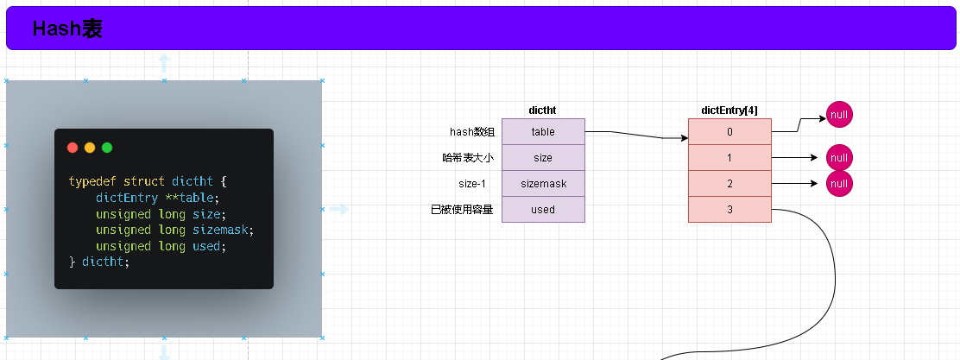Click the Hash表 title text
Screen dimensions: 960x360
67,28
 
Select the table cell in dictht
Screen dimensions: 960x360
543,131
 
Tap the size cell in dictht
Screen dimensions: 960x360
543,158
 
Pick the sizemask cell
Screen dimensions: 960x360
543,184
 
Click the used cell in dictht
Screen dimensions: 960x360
543,210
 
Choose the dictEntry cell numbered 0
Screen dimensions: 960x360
729,131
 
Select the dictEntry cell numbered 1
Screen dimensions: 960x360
729,158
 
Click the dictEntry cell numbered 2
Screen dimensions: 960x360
729,184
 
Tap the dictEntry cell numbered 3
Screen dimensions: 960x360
729,210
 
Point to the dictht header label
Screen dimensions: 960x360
542,111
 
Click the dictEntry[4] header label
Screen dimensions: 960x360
729,111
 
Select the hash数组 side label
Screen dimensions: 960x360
472,131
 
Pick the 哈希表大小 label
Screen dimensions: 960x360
469,158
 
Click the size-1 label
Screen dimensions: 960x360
472,184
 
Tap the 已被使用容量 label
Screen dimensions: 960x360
462,210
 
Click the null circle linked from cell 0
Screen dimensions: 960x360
839,115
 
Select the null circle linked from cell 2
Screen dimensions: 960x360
839,184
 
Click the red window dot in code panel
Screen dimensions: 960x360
73,148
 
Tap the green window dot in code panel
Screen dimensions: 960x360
107,148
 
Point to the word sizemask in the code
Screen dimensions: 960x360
220,231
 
